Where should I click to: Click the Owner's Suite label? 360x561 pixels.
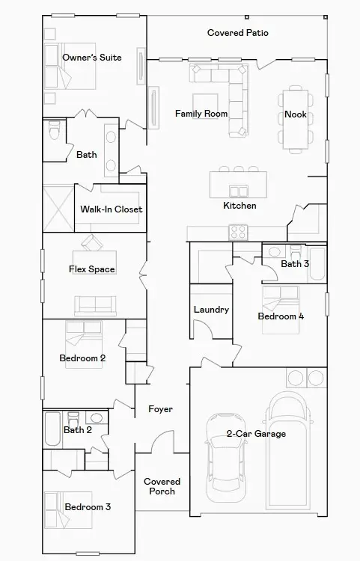(x=91, y=58)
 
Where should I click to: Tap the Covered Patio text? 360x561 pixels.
(x=238, y=33)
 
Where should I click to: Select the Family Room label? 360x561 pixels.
(x=201, y=114)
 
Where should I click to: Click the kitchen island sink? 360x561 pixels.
(x=240, y=191)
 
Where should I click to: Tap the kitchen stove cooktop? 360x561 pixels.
(x=239, y=230)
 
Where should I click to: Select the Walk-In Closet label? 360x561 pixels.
(x=112, y=209)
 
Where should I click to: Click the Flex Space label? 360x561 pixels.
(x=92, y=269)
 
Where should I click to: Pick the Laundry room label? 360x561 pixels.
(x=211, y=310)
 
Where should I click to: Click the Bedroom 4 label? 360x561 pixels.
(x=281, y=316)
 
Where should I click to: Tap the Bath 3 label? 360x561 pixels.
(x=295, y=264)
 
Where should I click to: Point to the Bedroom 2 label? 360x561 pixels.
(x=82, y=358)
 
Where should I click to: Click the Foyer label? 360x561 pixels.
(x=160, y=409)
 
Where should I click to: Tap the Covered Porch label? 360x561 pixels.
(x=162, y=486)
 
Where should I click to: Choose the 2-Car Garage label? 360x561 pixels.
(x=256, y=434)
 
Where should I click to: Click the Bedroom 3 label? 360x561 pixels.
(x=88, y=507)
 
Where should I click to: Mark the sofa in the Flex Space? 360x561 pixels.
(x=95, y=304)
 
